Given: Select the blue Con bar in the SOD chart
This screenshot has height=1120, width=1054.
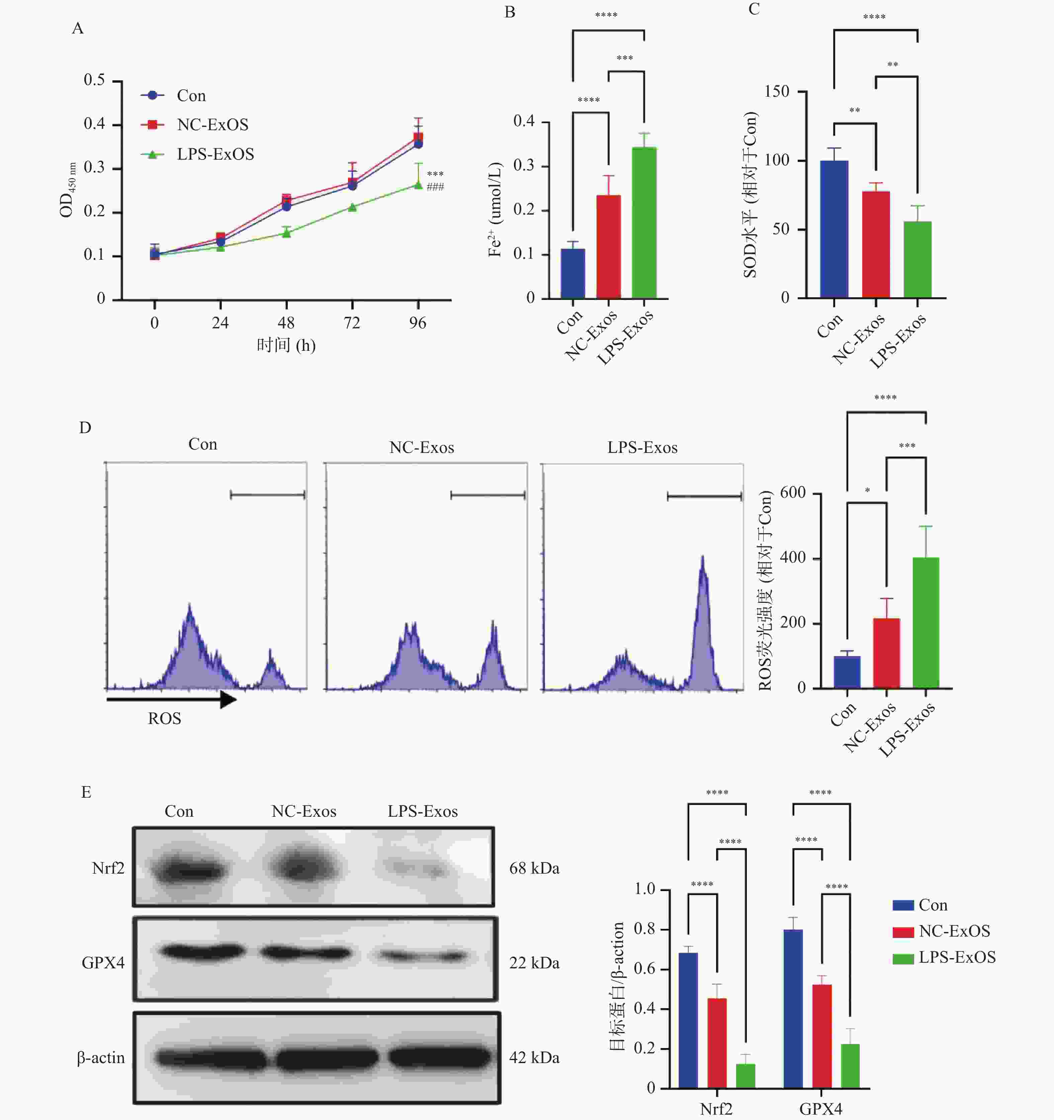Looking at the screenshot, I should (x=834, y=229).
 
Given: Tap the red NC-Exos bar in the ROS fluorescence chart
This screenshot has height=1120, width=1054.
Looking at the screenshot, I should (x=886, y=653).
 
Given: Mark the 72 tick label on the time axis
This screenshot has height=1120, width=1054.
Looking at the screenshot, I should (x=352, y=323).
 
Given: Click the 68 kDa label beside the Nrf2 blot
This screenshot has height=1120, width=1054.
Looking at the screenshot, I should (x=534, y=868).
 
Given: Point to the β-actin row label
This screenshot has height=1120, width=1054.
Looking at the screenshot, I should (x=101, y=1057).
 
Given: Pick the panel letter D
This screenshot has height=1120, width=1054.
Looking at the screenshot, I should (x=85, y=427).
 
